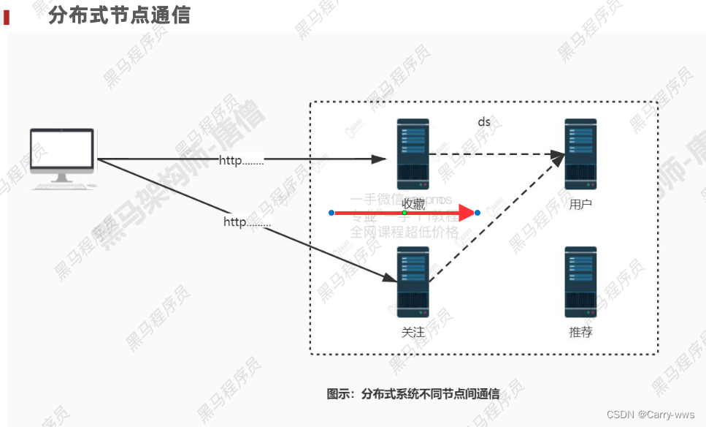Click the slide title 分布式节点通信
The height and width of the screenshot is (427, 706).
click(x=119, y=15)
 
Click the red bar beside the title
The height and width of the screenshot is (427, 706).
click(x=7, y=17)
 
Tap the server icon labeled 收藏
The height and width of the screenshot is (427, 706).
click(x=413, y=154)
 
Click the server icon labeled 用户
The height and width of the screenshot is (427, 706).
click(x=580, y=154)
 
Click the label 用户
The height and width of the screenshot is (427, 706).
click(x=580, y=205)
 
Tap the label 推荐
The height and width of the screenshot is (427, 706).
click(x=580, y=332)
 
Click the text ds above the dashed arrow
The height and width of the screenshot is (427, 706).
click(x=484, y=122)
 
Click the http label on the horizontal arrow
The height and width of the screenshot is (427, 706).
click(x=241, y=160)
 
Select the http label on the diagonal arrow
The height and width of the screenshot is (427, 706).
click(x=247, y=222)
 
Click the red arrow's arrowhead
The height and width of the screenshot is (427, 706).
click(x=467, y=213)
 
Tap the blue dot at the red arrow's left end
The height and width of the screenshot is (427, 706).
click(x=331, y=213)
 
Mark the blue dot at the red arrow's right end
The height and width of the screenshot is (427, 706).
click(x=477, y=213)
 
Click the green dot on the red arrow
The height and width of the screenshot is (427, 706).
click(x=404, y=212)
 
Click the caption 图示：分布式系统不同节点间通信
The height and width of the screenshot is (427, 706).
click(x=413, y=394)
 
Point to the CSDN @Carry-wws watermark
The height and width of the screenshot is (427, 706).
click(x=651, y=415)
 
